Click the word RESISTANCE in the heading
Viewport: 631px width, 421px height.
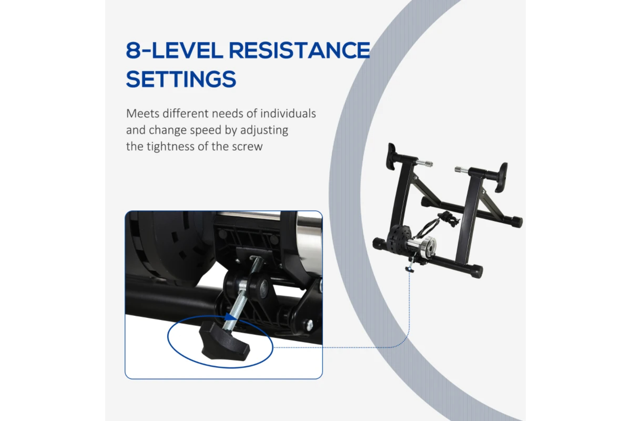(300, 50)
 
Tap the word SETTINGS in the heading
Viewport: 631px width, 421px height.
(181, 79)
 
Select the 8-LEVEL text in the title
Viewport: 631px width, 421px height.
(175, 50)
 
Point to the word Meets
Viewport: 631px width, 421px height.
(143, 113)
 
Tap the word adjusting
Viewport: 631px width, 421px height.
(264, 131)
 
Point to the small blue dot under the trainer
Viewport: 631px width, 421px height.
(409, 270)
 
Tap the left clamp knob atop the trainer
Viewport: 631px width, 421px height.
(391, 157)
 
